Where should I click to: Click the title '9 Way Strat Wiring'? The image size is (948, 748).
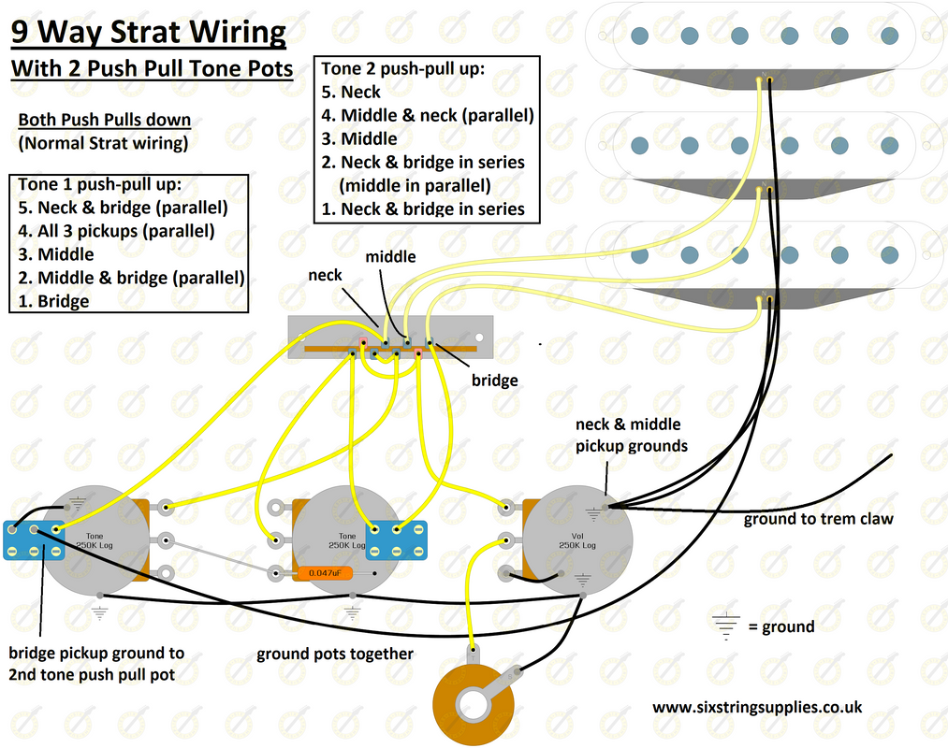point(148,33)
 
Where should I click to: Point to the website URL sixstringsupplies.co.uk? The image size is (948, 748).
point(756,708)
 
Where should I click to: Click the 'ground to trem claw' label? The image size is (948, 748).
point(818,519)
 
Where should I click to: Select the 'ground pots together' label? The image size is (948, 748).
point(334,654)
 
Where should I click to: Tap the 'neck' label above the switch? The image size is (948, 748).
point(325,275)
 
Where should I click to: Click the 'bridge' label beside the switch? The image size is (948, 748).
point(494,381)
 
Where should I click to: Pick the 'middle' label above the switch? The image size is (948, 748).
point(390,256)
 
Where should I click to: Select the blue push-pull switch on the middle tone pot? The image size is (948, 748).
point(397,539)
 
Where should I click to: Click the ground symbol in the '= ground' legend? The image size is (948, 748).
point(725,626)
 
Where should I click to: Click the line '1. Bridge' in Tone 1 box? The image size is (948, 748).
point(54,301)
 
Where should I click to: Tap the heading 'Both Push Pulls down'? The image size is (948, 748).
point(104,120)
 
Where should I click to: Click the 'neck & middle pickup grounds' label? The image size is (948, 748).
point(631,435)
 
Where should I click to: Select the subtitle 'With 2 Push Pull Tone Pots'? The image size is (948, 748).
point(152,68)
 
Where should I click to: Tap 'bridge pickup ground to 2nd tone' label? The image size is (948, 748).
point(96,663)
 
